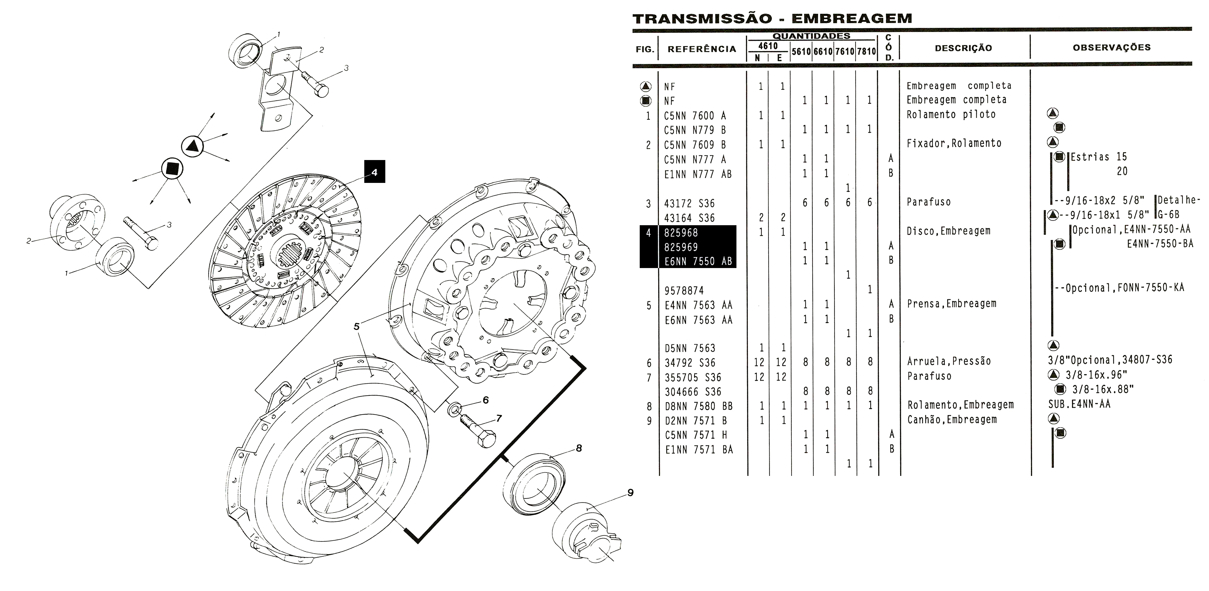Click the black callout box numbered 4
(x=375, y=172)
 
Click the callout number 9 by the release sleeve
(x=630, y=492)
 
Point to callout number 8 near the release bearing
(x=579, y=448)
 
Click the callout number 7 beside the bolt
(x=499, y=418)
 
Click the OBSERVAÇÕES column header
(x=1111, y=47)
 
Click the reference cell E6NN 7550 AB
(x=698, y=261)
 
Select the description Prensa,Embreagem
(x=951, y=304)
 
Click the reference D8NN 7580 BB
(x=698, y=406)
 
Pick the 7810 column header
(x=866, y=52)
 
